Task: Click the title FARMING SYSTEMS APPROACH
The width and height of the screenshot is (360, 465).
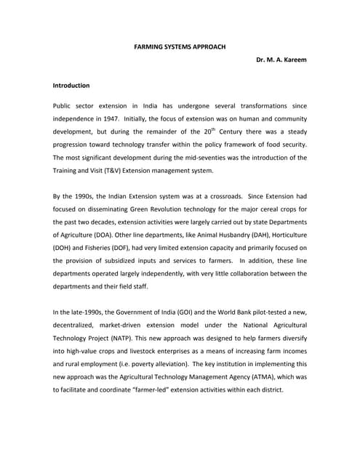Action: point(180,46)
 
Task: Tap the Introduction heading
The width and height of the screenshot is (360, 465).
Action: point(71,85)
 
